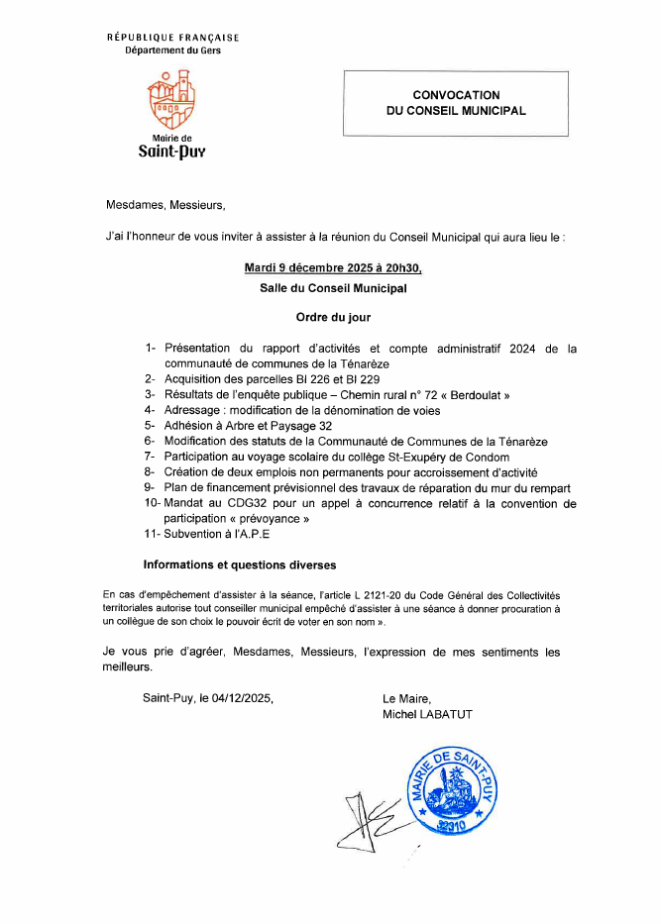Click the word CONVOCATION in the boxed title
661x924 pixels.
457,94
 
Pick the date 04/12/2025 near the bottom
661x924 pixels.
242,697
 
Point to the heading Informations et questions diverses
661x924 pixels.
240,565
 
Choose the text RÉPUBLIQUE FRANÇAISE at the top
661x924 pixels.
172,38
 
